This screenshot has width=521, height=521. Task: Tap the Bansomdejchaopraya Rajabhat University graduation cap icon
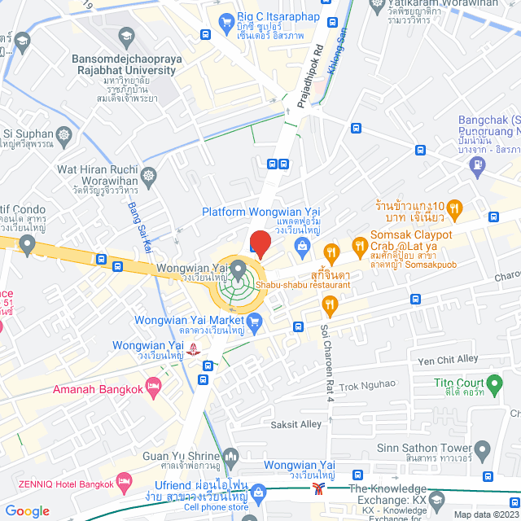(125, 37)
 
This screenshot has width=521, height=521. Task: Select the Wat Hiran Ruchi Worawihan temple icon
(149, 175)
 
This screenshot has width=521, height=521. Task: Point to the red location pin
(260, 243)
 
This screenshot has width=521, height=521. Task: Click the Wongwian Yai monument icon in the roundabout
(238, 268)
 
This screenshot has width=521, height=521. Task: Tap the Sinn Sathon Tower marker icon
(482, 448)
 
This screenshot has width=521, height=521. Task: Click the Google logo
(27, 510)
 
